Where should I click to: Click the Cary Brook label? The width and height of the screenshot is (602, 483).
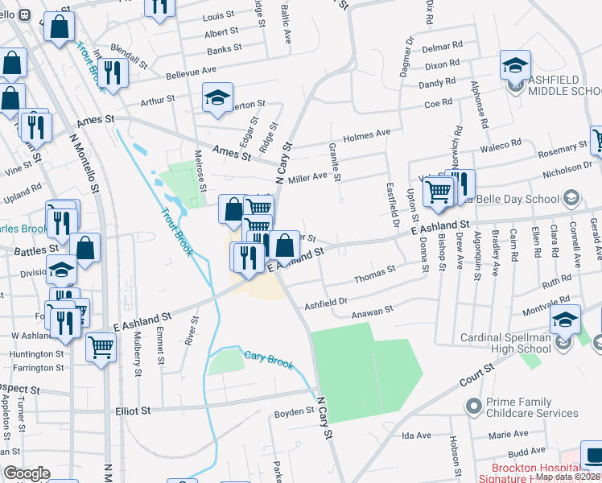point(268,356)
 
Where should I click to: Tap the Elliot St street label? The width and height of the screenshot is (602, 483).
point(134,411)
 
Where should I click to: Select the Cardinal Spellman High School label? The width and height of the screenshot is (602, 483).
point(507,344)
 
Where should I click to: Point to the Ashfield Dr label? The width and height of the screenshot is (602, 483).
point(325,303)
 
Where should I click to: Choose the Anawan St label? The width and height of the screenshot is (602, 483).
point(372,309)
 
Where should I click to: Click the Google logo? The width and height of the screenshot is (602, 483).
point(27,473)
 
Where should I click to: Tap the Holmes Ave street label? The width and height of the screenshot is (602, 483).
point(366,134)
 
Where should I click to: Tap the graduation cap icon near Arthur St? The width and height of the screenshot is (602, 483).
point(216,97)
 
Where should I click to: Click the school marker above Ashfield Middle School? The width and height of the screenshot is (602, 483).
point(515,65)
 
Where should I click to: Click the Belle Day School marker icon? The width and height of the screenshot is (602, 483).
point(571,198)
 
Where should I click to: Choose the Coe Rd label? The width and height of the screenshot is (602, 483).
point(439,104)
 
